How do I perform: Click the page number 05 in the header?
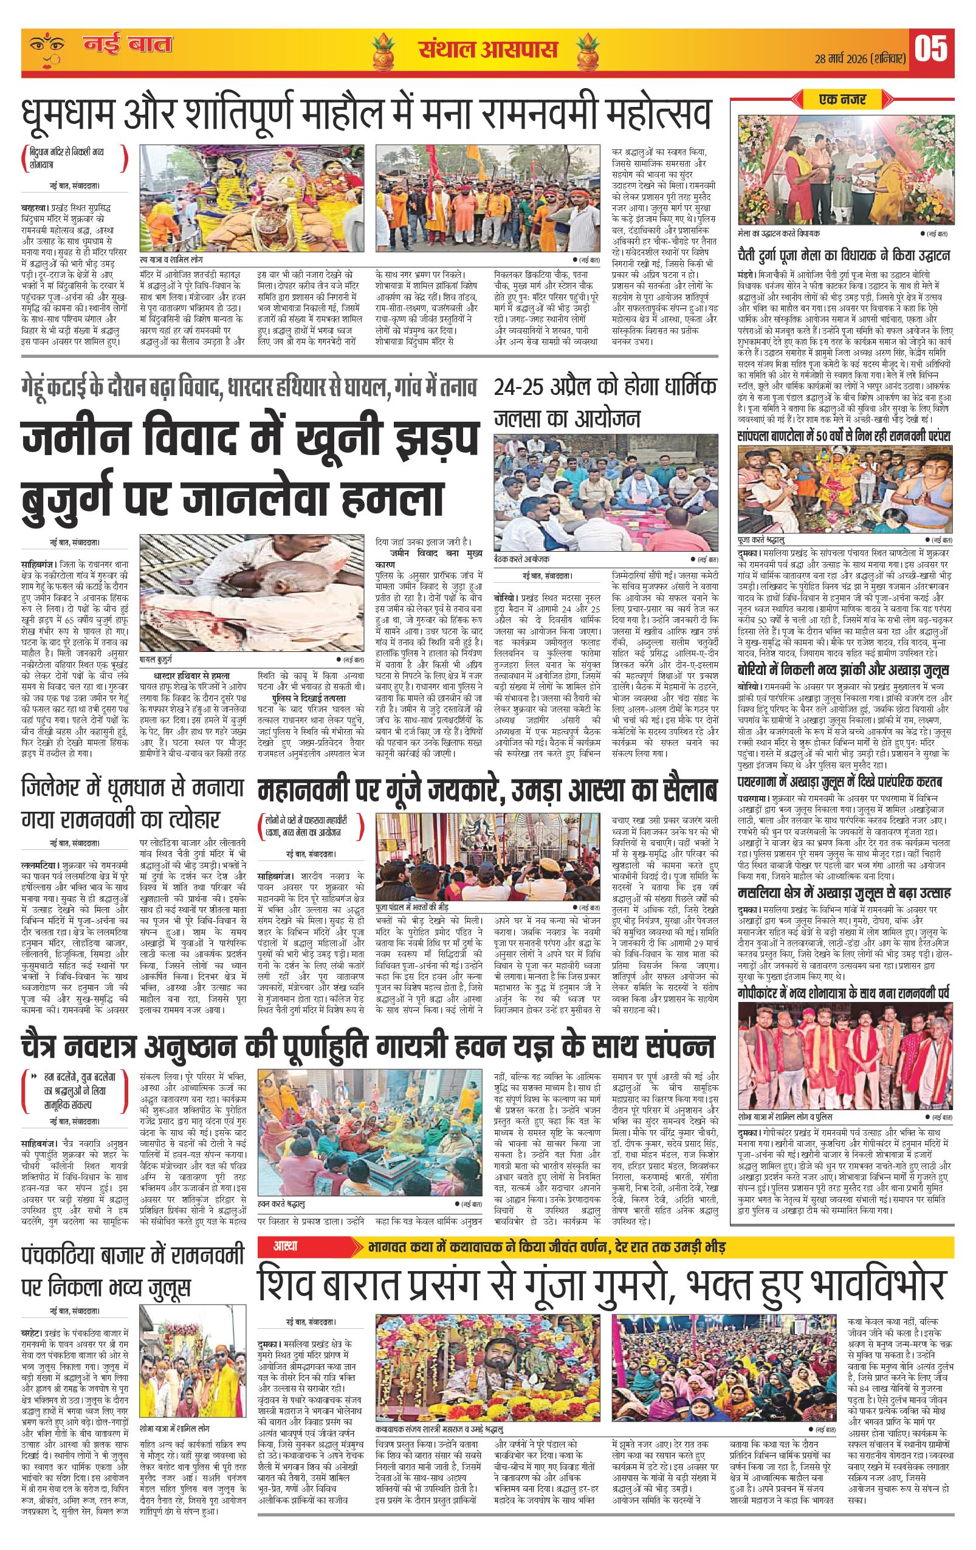click(931, 50)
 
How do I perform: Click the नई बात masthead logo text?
click(128, 45)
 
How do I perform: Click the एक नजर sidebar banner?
click(842, 100)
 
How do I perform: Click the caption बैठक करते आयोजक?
click(521, 560)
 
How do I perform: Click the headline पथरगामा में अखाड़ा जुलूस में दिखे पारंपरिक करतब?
click(839, 783)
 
